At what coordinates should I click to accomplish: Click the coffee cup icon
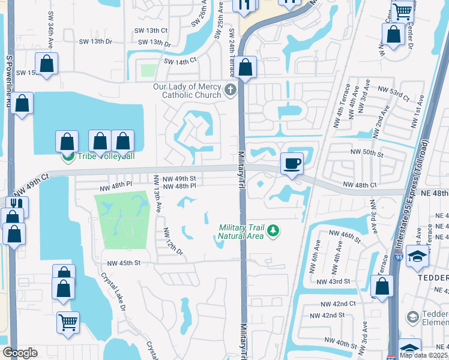tap(292, 163)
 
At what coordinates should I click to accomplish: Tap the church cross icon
tap(230, 91)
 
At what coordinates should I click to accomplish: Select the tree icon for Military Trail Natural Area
tap(273, 231)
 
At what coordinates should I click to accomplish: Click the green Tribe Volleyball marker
tap(68, 157)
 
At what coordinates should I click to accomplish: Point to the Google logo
tap(19, 353)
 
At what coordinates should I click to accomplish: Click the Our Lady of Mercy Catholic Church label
tap(187, 91)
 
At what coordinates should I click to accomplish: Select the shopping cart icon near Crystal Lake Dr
tap(68, 322)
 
